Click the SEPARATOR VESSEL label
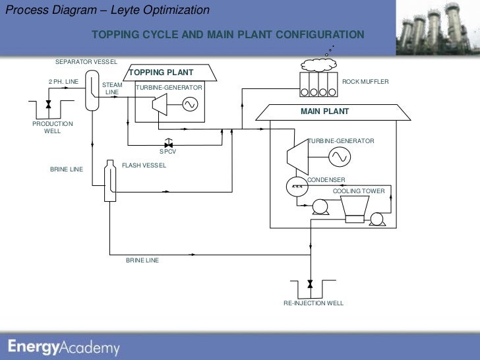(86, 61)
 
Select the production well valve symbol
(49, 105)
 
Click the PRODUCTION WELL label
(53, 127)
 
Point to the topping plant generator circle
(189, 104)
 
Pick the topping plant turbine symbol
(159, 105)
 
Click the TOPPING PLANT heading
(161, 73)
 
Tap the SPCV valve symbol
(168, 142)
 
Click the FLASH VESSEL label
(144, 165)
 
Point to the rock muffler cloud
(319, 64)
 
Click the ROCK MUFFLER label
(365, 81)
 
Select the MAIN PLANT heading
(324, 111)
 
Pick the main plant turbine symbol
(295, 159)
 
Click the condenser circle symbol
(297, 187)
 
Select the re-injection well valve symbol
(310, 284)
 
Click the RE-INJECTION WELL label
(313, 303)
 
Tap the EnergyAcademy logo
(64, 347)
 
